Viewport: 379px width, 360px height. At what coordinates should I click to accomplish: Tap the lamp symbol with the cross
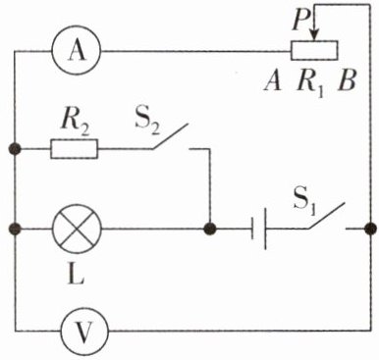(x=77, y=229)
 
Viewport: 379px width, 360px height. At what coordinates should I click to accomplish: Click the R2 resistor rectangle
(x=74, y=149)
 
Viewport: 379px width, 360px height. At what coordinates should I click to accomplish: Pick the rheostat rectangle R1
(x=314, y=50)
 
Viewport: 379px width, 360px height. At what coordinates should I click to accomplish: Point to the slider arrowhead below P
(x=314, y=35)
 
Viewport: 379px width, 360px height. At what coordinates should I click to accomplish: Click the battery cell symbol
(x=258, y=229)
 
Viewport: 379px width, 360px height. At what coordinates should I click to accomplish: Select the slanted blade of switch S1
(x=325, y=216)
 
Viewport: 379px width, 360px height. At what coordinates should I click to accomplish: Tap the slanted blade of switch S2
(x=170, y=136)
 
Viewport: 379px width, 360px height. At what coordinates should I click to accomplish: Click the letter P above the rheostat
(x=301, y=21)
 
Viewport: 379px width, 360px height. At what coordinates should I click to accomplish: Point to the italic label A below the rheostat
(x=273, y=81)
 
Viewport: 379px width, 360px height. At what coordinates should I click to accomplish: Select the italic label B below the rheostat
(x=347, y=81)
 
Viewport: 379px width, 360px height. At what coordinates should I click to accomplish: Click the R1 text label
(x=311, y=83)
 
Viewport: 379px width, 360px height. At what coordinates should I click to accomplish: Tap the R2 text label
(x=75, y=125)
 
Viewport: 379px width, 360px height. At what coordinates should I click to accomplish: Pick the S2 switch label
(x=148, y=124)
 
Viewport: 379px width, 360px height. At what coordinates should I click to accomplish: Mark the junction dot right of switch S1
(x=371, y=229)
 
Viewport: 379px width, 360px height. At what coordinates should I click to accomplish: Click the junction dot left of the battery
(x=209, y=229)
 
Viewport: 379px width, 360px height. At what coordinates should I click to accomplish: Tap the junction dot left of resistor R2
(x=15, y=149)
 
